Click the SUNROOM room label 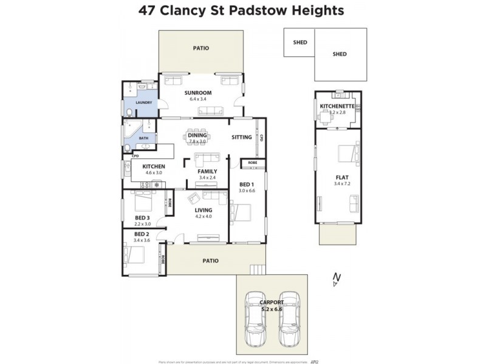coord(198,92)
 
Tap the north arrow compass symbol coord(335,280)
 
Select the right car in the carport coord(289,318)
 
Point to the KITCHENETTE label coord(337,106)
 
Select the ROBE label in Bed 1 coord(252,163)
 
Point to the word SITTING coord(241,137)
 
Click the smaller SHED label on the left coord(299,42)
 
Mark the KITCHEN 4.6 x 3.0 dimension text coord(154,173)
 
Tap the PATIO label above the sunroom coord(201,47)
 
